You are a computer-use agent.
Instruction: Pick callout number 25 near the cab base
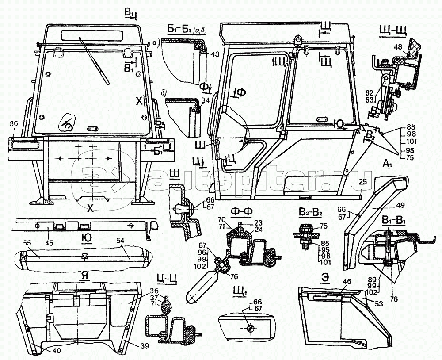click(363, 182)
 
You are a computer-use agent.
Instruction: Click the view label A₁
click(387, 165)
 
